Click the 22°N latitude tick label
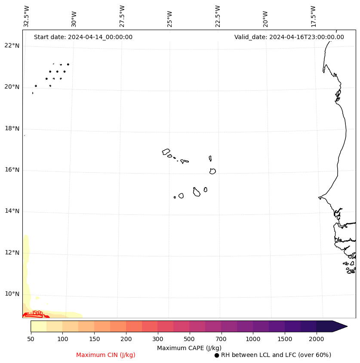pyautogui.click(x=12, y=46)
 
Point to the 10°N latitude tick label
pyautogui.click(x=12, y=294)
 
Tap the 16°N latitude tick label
pyautogui.click(x=12, y=170)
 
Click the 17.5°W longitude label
pyautogui.click(x=313, y=16)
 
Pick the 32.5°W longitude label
pyautogui.click(x=27, y=16)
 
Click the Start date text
pyautogui.click(x=83, y=37)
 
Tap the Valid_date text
pyautogui.click(x=289, y=37)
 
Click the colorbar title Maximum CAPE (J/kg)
pyautogui.click(x=189, y=348)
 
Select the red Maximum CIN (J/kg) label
pyautogui.click(x=106, y=355)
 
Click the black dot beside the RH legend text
pyautogui.click(x=217, y=355)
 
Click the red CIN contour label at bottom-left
pyautogui.click(x=38, y=313)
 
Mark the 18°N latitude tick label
pyautogui.click(x=12, y=129)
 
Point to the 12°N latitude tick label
pyautogui.click(x=12, y=253)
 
